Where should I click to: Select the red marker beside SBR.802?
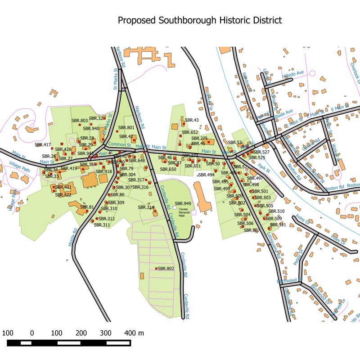(x=156, y=269)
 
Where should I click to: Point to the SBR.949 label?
(x=183, y=204)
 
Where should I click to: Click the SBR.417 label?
(x=43, y=145)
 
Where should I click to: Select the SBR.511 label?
(x=279, y=224)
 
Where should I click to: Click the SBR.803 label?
(x=80, y=121)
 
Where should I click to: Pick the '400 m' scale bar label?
(x=134, y=333)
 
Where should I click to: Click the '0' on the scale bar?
(x=32, y=333)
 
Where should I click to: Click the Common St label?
(x=121, y=145)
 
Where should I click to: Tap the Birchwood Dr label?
(x=288, y=280)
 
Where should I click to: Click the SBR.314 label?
(x=146, y=207)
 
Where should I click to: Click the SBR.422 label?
(x=63, y=195)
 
